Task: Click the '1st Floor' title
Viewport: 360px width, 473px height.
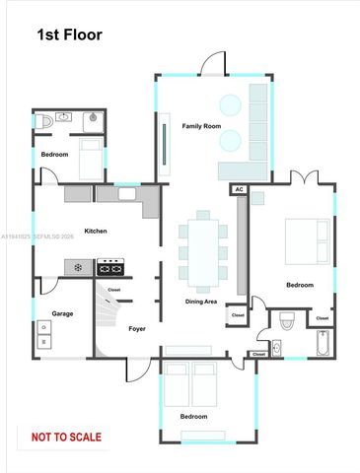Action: (69, 35)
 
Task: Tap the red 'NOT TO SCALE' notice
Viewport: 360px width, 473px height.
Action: (66, 436)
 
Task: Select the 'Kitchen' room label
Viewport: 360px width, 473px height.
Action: (95, 231)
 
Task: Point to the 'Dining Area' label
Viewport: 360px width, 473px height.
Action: (201, 301)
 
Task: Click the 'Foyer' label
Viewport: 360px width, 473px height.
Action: (137, 328)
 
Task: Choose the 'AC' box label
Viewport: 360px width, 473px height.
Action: (239, 188)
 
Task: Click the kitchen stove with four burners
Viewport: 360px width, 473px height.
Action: (109, 266)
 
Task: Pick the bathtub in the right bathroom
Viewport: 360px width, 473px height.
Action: (323, 345)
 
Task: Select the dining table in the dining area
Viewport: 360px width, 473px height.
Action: (203, 246)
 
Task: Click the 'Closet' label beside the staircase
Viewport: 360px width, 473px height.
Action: (113, 290)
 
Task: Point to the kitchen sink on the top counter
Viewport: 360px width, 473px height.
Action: (126, 195)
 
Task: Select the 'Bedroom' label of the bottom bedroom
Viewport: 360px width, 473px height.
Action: (193, 416)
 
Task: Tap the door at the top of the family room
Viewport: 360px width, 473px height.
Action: (211, 66)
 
